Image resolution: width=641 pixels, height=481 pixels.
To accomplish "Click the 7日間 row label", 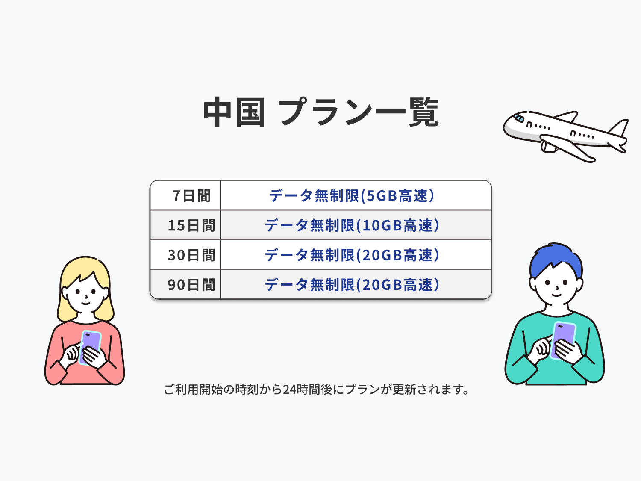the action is [191, 196].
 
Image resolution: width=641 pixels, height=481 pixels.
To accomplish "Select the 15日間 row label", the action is [191, 225].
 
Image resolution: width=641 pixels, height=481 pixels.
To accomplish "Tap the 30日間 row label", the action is [191, 255].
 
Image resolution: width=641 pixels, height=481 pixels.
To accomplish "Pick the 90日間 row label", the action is [191, 285].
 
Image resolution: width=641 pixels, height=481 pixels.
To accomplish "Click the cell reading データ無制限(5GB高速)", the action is [352, 196].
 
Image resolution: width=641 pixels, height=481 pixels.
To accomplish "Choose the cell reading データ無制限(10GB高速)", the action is [352, 225].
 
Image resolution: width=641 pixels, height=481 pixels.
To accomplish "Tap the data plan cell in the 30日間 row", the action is [352, 255].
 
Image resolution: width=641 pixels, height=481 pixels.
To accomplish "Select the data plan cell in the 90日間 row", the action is [352, 285].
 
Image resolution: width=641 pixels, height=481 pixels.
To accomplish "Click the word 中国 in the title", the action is [234, 112].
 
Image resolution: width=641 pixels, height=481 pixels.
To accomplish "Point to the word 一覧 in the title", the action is [407, 112].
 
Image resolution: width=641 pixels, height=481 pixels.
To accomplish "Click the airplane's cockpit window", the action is [519, 118].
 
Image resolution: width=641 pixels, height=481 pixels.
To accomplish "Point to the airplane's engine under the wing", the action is [548, 147].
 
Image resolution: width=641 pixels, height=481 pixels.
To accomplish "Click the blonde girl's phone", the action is [90, 348].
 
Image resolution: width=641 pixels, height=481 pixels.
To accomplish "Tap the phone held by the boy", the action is [563, 340].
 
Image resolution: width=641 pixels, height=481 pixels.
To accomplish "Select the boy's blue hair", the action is [556, 259].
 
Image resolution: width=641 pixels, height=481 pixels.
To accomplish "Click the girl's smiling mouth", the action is [85, 303].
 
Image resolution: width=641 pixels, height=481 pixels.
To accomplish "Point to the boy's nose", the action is [557, 288].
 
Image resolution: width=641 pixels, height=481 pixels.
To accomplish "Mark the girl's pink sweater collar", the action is [85, 322].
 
